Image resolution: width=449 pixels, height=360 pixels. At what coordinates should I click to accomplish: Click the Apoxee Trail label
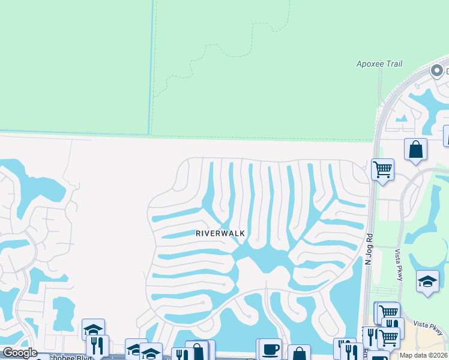coord(379,64)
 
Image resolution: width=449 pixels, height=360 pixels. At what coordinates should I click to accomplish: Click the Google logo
coord(20,353)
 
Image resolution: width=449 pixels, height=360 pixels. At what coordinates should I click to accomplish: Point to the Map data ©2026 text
coord(423,355)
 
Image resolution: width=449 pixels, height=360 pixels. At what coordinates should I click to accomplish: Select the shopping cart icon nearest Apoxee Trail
coord(382,169)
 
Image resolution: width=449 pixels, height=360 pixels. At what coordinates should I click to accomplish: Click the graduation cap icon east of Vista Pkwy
coord(427,283)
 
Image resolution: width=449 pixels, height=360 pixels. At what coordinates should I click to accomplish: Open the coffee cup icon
coord(270,349)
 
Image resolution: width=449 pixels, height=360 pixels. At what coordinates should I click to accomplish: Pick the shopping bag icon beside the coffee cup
coord(298,353)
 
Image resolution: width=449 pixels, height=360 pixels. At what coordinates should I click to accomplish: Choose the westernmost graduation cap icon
coord(93,329)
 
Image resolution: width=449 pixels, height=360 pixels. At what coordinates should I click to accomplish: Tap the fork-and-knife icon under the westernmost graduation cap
coord(97,345)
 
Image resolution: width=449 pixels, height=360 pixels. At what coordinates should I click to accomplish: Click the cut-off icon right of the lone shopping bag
coord(446,136)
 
